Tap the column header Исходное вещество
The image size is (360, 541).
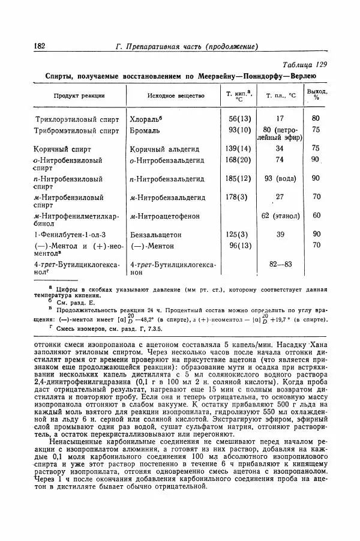(x=176, y=95)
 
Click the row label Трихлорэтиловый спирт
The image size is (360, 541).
(x=77, y=119)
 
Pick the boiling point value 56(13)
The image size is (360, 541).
(x=239, y=119)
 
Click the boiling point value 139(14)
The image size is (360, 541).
(x=238, y=148)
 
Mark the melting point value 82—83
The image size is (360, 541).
(x=280, y=264)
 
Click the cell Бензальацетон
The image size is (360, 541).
(x=155, y=234)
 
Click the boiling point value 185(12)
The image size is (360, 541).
(x=238, y=178)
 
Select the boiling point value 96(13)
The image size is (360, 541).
(x=239, y=245)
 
